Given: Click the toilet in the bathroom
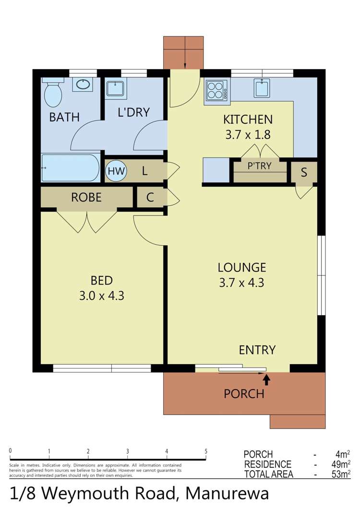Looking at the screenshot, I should [x=53, y=93].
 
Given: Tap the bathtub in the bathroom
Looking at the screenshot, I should [x=71, y=168].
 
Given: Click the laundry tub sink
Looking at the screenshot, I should [x=115, y=88].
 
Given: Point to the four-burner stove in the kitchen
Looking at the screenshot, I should [x=216, y=90].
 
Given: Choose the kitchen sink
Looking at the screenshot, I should [x=262, y=88].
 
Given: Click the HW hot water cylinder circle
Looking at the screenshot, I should [x=116, y=171].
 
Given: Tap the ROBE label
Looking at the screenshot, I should [x=86, y=197].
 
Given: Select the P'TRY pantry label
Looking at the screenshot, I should [x=259, y=166].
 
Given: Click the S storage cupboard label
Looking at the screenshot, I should [x=304, y=172].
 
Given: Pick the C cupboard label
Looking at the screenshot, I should [x=150, y=198].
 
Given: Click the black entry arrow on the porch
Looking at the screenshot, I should [x=266, y=379].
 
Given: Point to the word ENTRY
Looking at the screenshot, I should [x=257, y=350].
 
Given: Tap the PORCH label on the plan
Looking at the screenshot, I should [x=244, y=394].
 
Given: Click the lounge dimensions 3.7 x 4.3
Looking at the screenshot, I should [x=241, y=283].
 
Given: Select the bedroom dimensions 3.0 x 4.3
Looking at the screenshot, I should [x=102, y=296].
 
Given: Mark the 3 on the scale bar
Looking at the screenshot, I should [x=127, y=451].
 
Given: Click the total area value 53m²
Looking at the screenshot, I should [x=342, y=474].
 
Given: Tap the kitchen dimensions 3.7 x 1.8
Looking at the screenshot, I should [x=248, y=135].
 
